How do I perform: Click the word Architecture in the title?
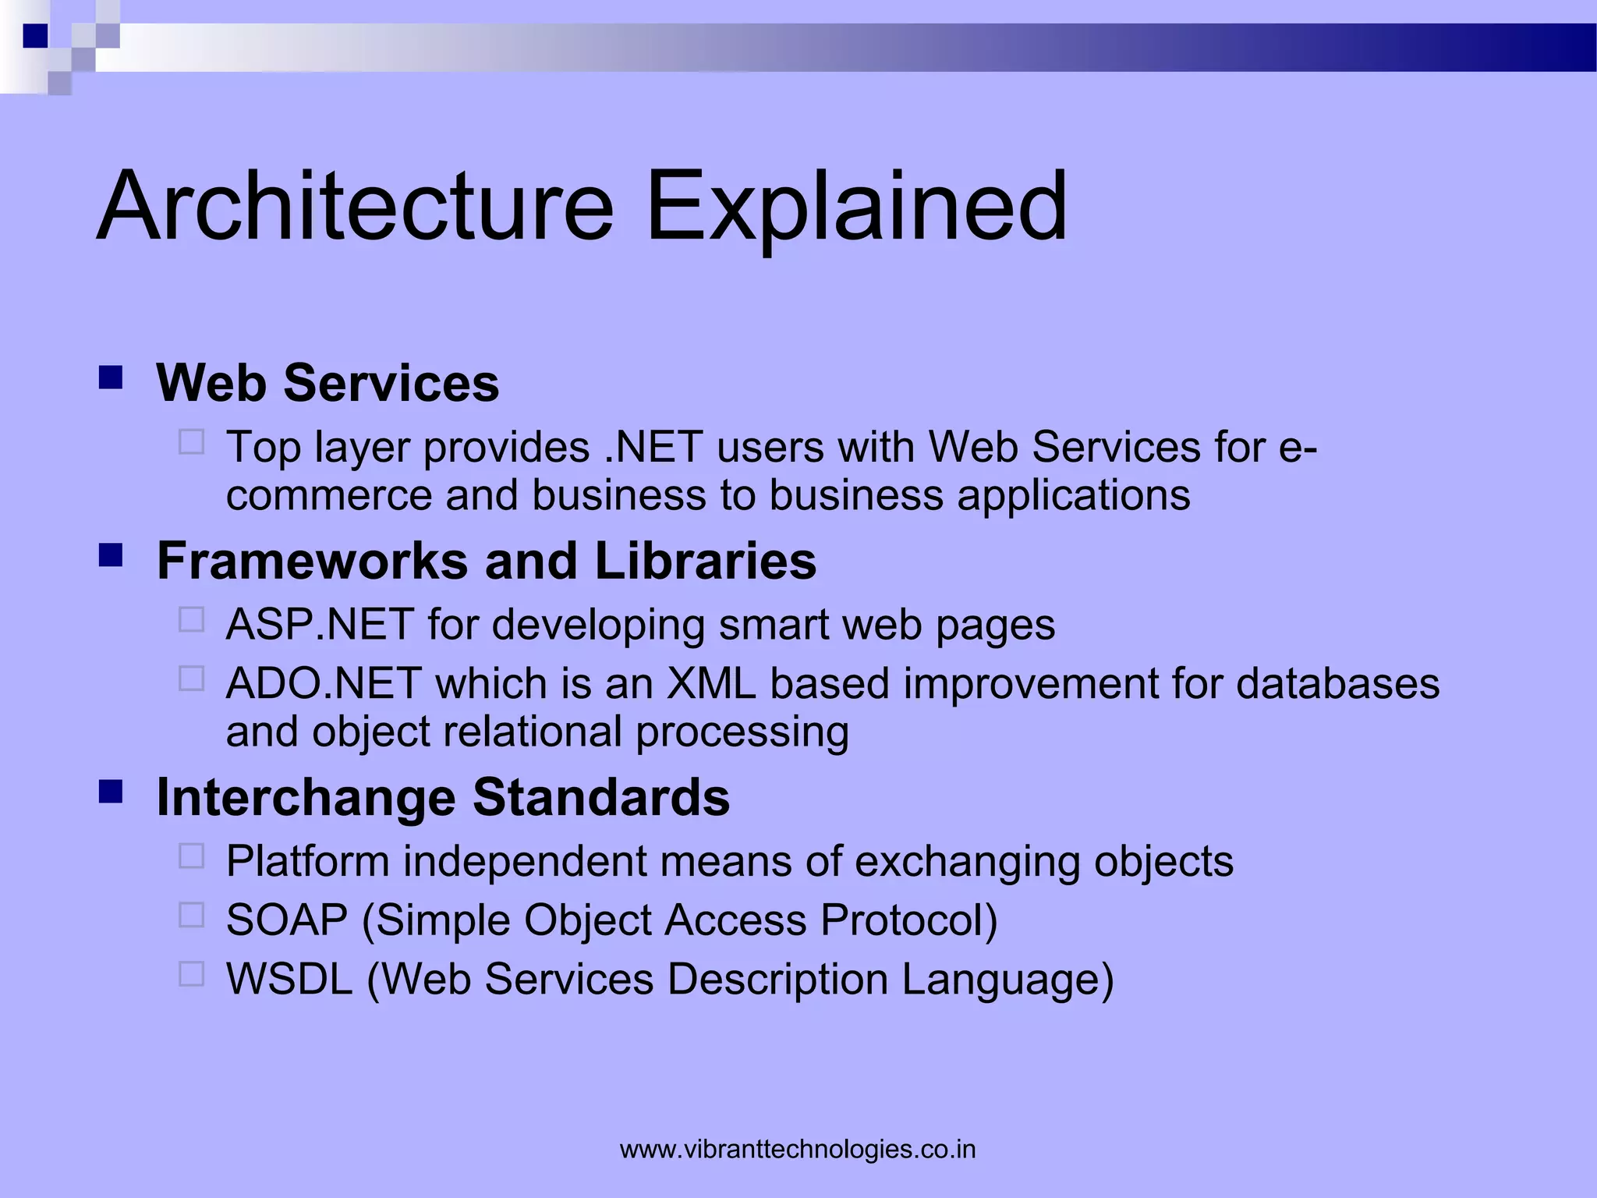[x=356, y=207]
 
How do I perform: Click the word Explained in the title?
[x=856, y=207]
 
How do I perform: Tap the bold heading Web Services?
[x=328, y=383]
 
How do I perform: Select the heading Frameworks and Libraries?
[x=486, y=561]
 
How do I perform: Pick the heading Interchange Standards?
[x=443, y=797]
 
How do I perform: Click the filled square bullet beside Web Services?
[x=111, y=378]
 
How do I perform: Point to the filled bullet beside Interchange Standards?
[x=111, y=792]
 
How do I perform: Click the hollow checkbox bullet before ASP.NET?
[x=191, y=620]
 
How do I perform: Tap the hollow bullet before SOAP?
[x=191, y=915]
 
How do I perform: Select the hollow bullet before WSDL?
[x=191, y=974]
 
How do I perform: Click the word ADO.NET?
[x=324, y=684]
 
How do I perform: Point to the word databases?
[x=1337, y=684]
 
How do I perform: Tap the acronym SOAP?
[x=286, y=920]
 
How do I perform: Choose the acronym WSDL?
[x=289, y=980]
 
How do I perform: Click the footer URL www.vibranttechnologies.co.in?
[x=798, y=1149]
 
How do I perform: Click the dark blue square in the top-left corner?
[x=35, y=36]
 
